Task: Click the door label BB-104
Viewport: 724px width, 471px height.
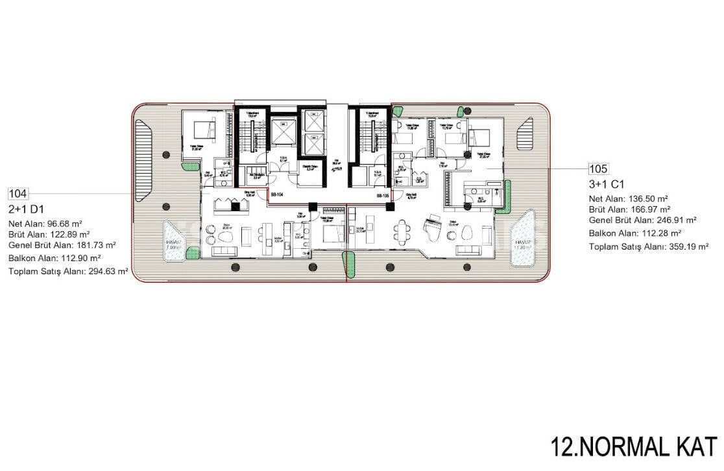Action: tap(276, 194)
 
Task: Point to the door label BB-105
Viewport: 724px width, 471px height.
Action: tap(383, 195)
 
